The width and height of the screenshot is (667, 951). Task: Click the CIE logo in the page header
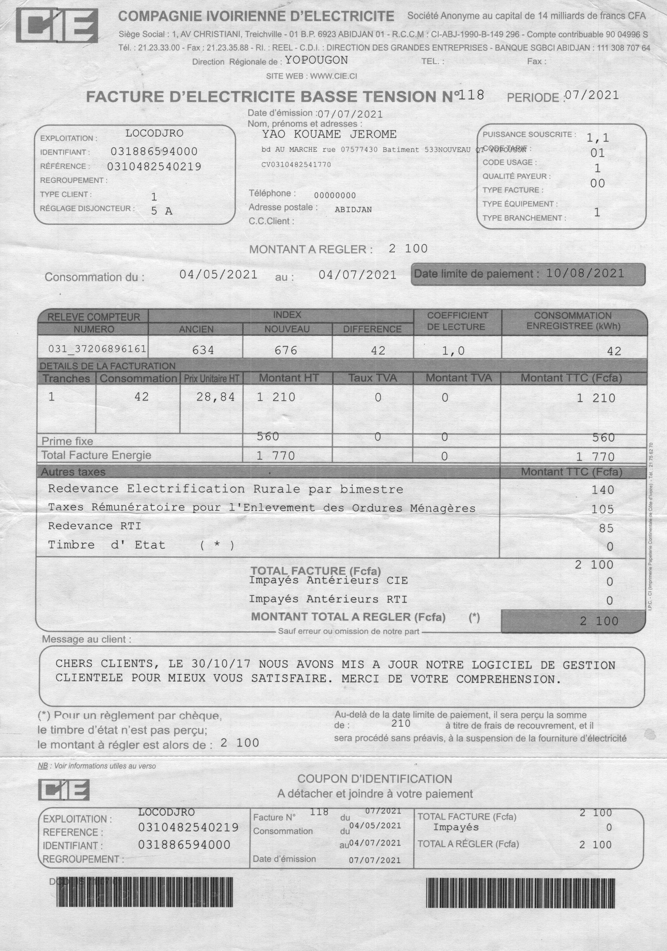[x=57, y=26]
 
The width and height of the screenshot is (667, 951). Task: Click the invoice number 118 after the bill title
[x=471, y=95]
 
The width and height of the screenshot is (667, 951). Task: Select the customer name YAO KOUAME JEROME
[x=329, y=134]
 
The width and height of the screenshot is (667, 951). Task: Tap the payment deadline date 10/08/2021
[x=585, y=273]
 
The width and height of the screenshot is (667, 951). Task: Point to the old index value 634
[x=203, y=350]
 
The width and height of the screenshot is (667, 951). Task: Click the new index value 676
[x=286, y=350]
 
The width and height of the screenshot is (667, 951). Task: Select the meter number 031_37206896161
[x=97, y=349]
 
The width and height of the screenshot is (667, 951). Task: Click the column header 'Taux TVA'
[x=372, y=378]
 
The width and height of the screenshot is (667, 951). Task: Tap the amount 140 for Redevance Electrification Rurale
[x=602, y=490]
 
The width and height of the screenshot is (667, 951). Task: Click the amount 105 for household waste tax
[x=602, y=509]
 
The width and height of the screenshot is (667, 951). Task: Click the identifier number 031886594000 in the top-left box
[x=154, y=151]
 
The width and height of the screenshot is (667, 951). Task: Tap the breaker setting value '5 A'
[x=161, y=211]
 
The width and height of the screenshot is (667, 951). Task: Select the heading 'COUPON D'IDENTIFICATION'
[x=375, y=779]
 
